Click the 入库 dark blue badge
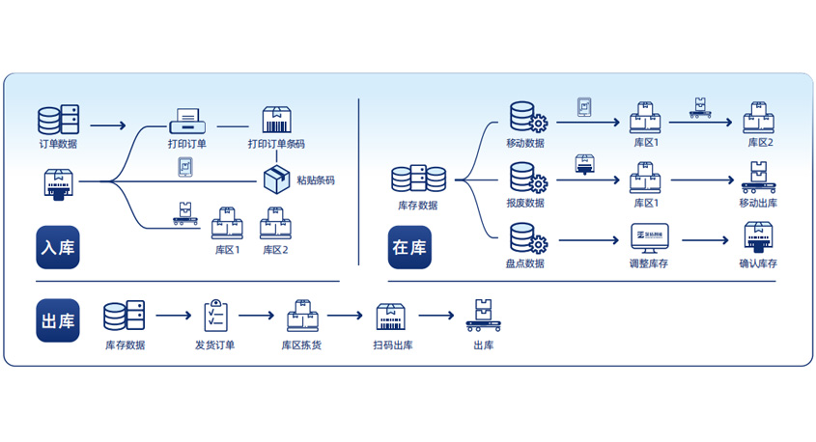pos(58,246)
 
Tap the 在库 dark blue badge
pos(409,246)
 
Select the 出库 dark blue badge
pos(58,319)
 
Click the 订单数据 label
pos(59,144)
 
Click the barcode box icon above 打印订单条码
pos(276,121)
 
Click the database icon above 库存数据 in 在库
pos(418,180)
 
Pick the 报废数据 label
pos(525,203)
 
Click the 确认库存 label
pos(758,262)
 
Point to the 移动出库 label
pos(758,203)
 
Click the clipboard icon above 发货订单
pos(214,316)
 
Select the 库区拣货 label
pos(301,345)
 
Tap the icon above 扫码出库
pos(390,316)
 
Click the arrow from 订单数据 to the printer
pos(108,125)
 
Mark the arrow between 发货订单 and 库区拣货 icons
pos(257,315)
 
